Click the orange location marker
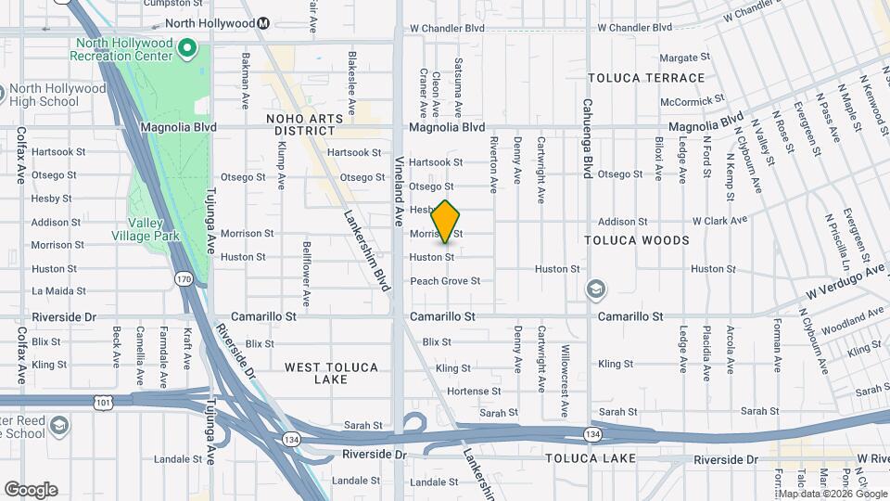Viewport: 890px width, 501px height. click(446, 221)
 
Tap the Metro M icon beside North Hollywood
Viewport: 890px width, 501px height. click(263, 22)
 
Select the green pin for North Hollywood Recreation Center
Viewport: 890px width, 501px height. click(187, 46)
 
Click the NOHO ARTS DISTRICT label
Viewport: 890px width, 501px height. click(305, 124)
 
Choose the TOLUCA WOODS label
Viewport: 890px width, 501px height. click(637, 240)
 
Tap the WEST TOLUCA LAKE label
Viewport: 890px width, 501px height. click(331, 374)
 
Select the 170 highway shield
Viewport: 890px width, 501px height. click(183, 277)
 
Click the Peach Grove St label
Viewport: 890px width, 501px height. click(445, 280)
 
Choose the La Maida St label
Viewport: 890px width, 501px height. click(58, 291)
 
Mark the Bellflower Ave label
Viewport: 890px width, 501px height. click(307, 274)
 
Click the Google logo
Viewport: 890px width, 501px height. click(31, 490)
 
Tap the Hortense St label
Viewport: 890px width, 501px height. click(467, 392)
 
